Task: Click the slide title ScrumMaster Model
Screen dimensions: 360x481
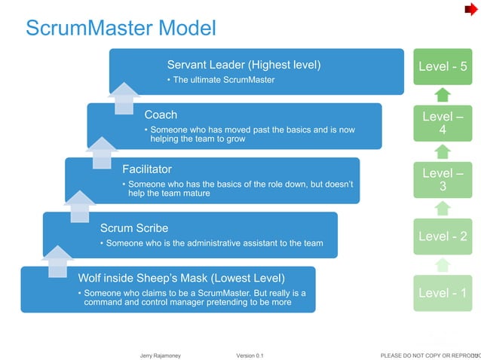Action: click(x=121, y=29)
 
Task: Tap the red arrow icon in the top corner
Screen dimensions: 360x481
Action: click(x=470, y=9)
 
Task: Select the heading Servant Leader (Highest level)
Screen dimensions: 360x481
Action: click(x=244, y=66)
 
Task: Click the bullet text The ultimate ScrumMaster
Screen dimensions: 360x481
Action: click(x=223, y=80)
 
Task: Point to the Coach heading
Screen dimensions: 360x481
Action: click(x=161, y=115)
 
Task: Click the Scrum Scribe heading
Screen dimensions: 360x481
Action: click(x=134, y=227)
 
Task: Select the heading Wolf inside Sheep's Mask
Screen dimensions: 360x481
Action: click(x=181, y=276)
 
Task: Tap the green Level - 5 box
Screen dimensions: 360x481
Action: click(x=443, y=66)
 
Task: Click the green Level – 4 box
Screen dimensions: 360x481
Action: click(x=443, y=124)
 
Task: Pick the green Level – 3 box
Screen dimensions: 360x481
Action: click(x=443, y=179)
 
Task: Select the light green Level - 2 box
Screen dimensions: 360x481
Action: click(x=443, y=236)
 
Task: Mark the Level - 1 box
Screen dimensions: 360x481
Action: click(x=443, y=293)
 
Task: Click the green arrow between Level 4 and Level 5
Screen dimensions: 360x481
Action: click(x=443, y=95)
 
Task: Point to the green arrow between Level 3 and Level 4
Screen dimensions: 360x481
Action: click(x=443, y=151)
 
